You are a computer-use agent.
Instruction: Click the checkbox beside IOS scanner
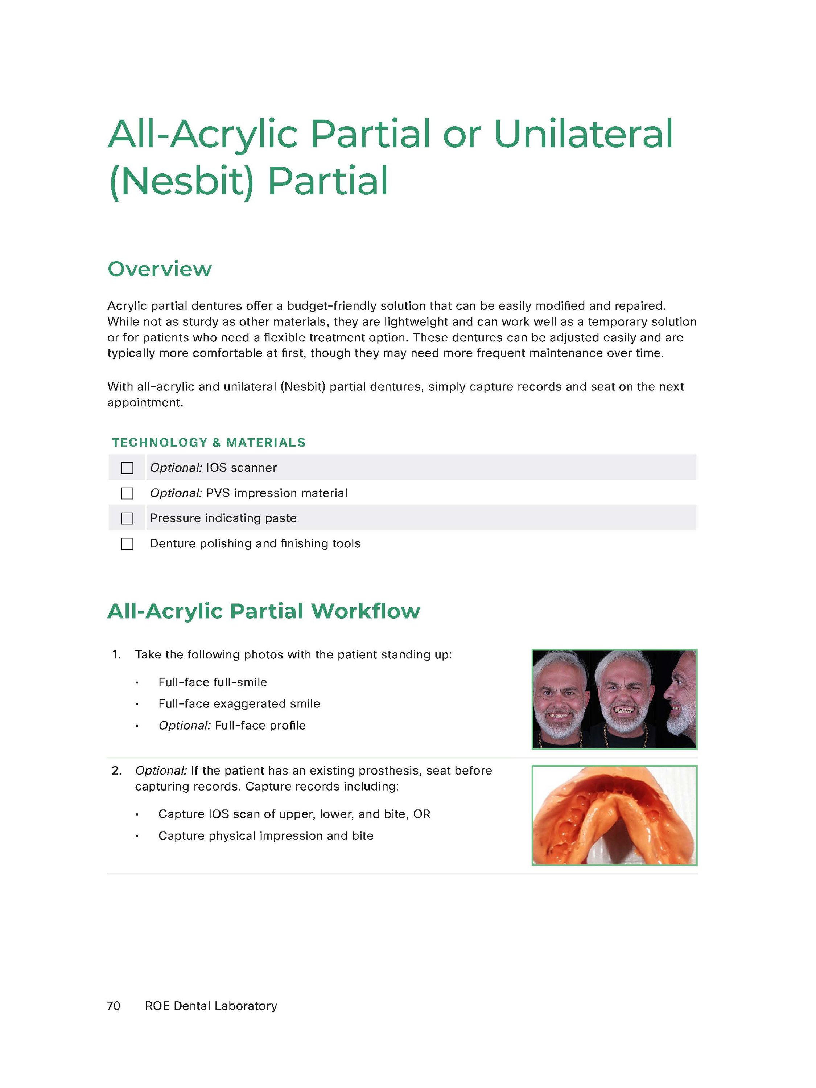pos(127,468)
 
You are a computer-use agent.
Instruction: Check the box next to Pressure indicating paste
pos(127,518)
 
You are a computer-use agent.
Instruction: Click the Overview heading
pos(159,269)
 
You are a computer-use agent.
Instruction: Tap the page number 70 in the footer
pos(114,1006)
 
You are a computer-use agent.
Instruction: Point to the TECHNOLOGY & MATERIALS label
pos(209,443)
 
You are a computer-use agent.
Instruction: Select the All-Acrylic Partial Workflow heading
pos(264,611)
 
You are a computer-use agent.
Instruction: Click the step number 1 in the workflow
pos(116,655)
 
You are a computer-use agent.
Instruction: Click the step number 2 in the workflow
pos(116,771)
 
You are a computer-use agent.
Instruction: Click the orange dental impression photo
pos(614,815)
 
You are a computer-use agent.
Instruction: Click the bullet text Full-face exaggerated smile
pos(239,704)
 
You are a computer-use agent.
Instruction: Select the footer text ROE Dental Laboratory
pos(211,1006)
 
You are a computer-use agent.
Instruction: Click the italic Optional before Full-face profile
pos(184,726)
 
